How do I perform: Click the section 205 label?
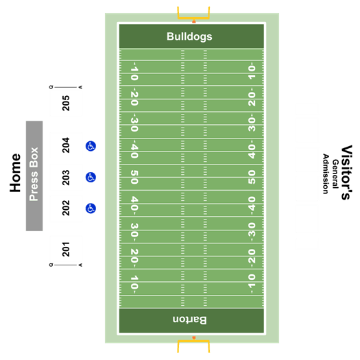point(66,103)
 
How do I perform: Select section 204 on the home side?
point(66,145)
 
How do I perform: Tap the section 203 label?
point(66,178)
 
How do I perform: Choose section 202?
point(66,208)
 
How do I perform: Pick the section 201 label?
point(66,249)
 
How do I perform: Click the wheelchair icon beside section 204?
point(91,146)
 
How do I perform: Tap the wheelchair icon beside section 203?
point(91,177)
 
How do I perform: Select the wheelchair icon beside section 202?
point(91,208)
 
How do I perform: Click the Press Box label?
point(34,174)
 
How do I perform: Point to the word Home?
point(15,173)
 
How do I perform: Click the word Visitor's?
point(346,172)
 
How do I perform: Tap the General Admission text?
point(331,173)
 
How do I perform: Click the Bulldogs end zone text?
point(189,37)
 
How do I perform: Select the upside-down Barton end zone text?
point(190,320)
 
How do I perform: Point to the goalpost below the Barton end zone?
point(193,344)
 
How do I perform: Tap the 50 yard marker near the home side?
point(134,177)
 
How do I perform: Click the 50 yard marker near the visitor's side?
point(252,177)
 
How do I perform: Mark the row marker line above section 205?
point(66,87)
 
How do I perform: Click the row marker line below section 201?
point(66,265)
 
